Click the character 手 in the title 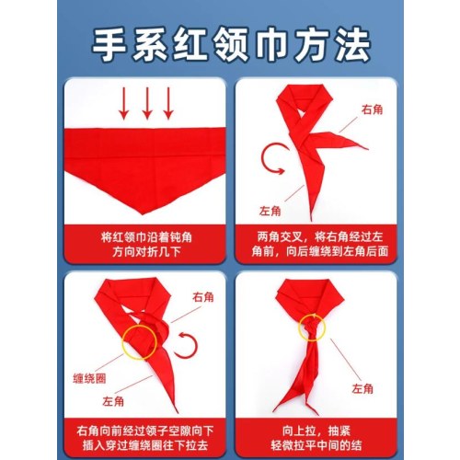[x=109, y=44]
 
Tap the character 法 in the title [x=352, y=44]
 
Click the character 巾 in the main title [x=271, y=44]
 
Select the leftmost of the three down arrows [x=124, y=103]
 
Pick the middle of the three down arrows [x=147, y=103]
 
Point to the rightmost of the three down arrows [x=168, y=103]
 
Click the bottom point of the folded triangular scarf [x=143, y=214]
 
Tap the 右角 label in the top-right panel [x=372, y=109]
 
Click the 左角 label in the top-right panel [x=270, y=211]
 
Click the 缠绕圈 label [x=89, y=378]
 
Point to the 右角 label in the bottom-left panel [x=203, y=297]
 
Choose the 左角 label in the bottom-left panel [x=113, y=401]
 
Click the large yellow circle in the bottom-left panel [x=122, y=342]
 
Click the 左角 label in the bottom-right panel [x=362, y=389]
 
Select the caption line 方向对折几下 [x=146, y=252]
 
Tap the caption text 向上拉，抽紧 [x=316, y=431]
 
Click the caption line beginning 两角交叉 [x=320, y=237]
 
